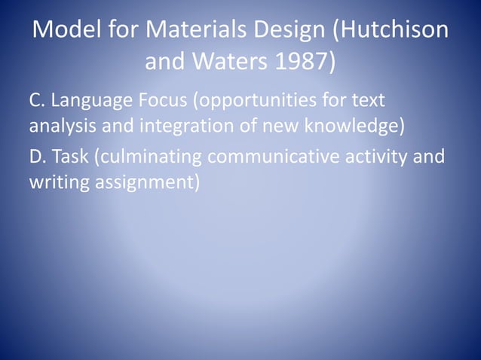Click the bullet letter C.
(x=35, y=100)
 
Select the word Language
(x=88, y=100)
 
